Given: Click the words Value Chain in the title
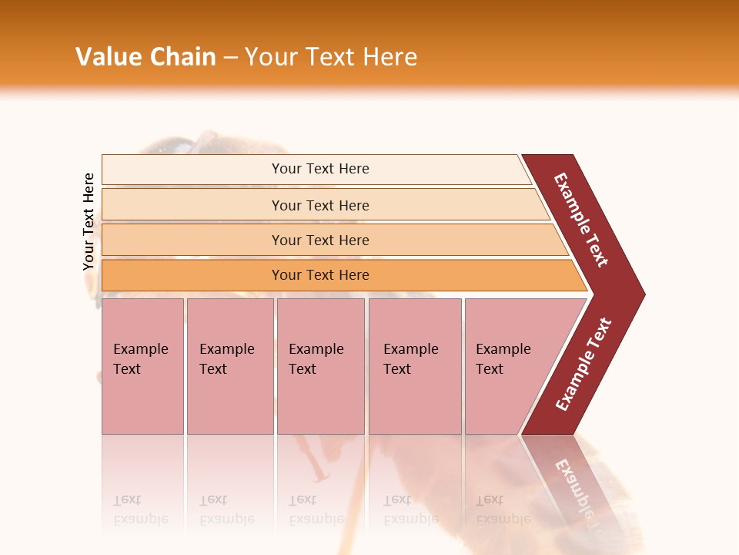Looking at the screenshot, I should tap(145, 57).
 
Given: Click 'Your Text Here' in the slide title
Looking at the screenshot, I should tap(331, 57).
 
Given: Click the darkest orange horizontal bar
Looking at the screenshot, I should tap(192, 275).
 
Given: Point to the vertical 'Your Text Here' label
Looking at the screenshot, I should tap(89, 222).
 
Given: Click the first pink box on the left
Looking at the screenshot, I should tap(142, 366).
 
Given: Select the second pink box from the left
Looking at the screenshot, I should tap(229, 366).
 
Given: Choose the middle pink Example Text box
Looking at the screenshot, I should tap(320, 366).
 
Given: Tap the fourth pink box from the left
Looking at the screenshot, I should tap(415, 366).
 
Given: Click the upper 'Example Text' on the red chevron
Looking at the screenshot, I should tap(581, 220).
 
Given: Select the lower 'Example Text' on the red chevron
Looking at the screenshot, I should tap(584, 365).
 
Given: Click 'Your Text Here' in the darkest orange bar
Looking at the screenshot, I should tap(320, 275).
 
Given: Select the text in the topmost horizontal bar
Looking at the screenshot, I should tap(320, 169).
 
